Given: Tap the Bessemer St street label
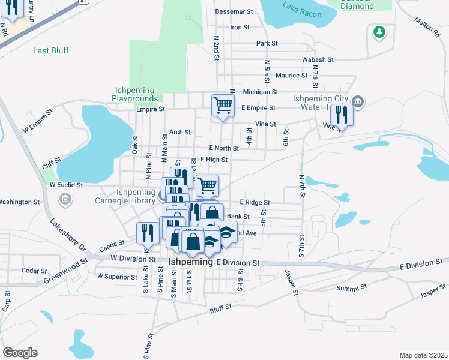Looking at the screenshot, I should click(234, 11).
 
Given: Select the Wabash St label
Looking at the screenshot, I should click(318, 60).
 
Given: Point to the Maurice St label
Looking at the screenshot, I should click(292, 76).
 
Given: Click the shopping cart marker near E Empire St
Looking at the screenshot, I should click(223, 106).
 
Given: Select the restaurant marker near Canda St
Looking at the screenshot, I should click(148, 232).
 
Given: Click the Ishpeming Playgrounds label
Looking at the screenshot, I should click(137, 94).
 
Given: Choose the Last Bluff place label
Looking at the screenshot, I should click(50, 50).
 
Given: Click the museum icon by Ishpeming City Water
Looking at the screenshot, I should click(358, 100).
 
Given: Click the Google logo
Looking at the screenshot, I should click(20, 353).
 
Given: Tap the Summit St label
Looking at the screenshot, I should click(352, 288).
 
